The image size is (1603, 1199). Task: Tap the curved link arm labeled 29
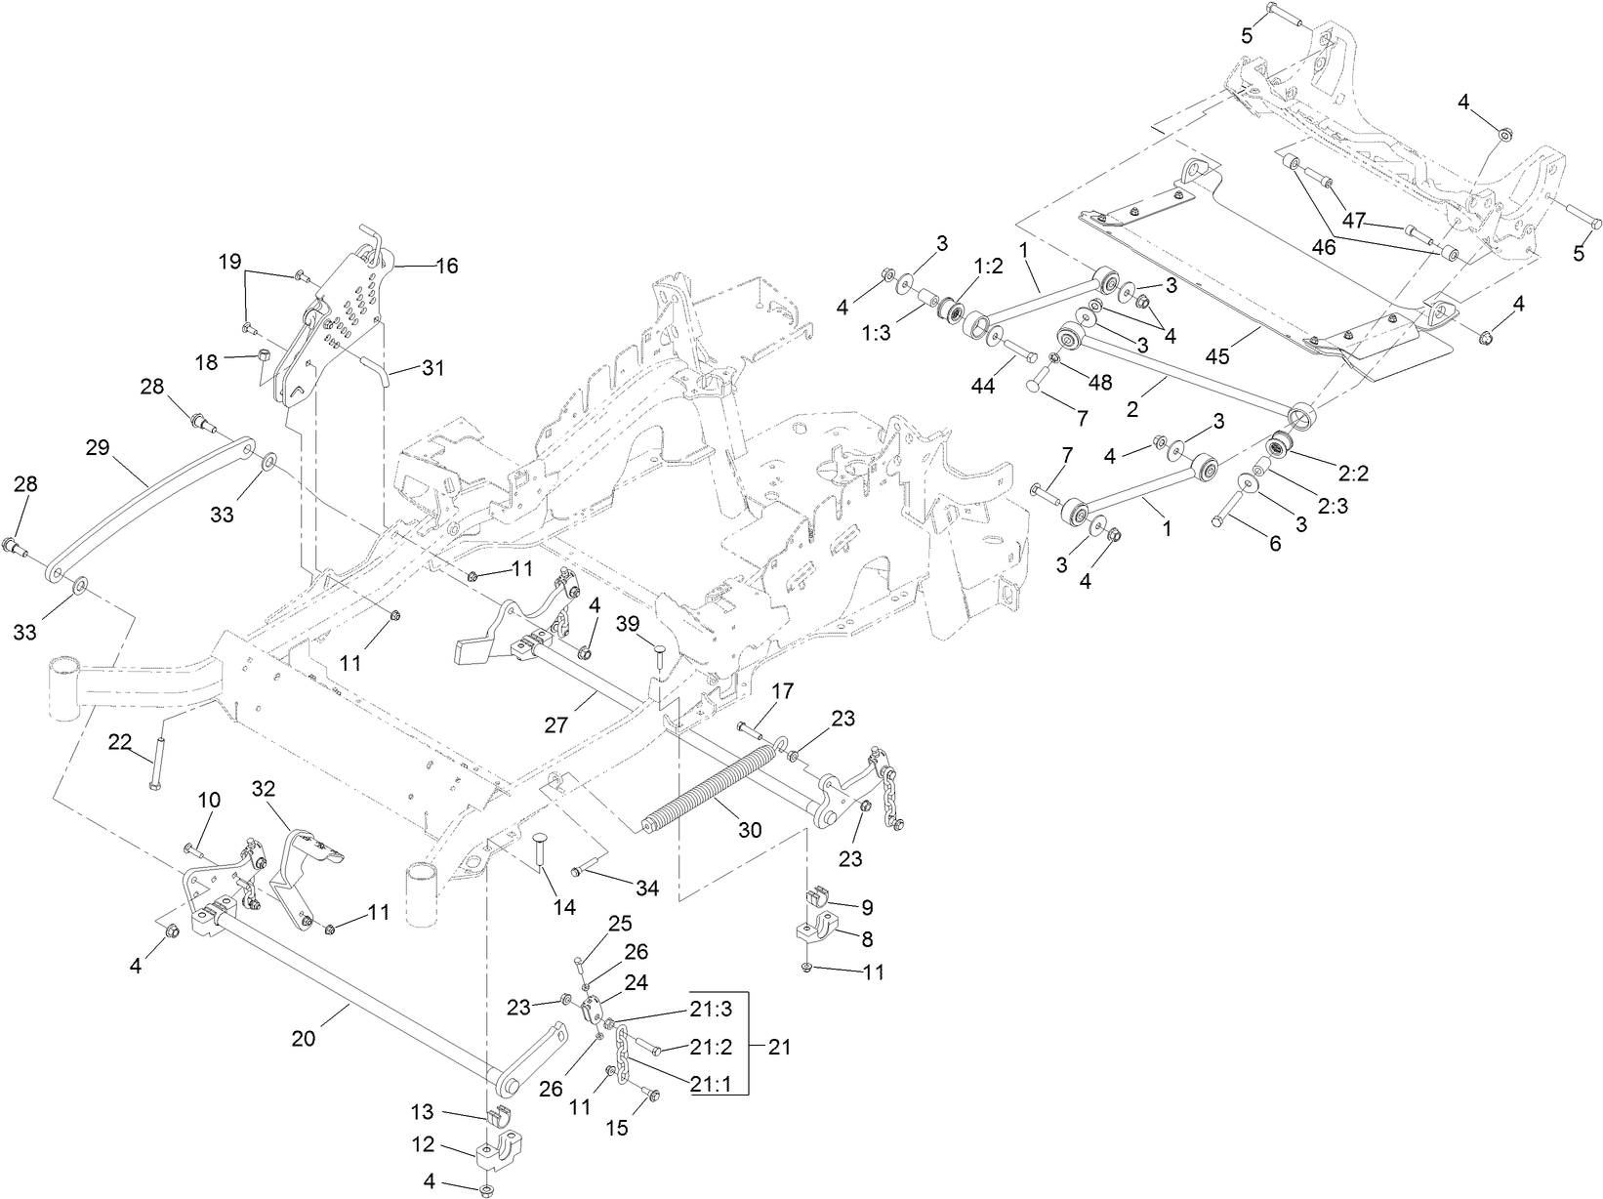click(146, 508)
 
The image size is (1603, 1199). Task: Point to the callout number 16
click(446, 266)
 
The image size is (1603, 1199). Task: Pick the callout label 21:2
click(710, 1047)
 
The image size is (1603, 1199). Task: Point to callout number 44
click(982, 387)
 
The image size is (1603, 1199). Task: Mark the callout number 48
click(1100, 382)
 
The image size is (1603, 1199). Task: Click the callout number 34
click(646, 889)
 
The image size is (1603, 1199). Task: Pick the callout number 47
click(1353, 221)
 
